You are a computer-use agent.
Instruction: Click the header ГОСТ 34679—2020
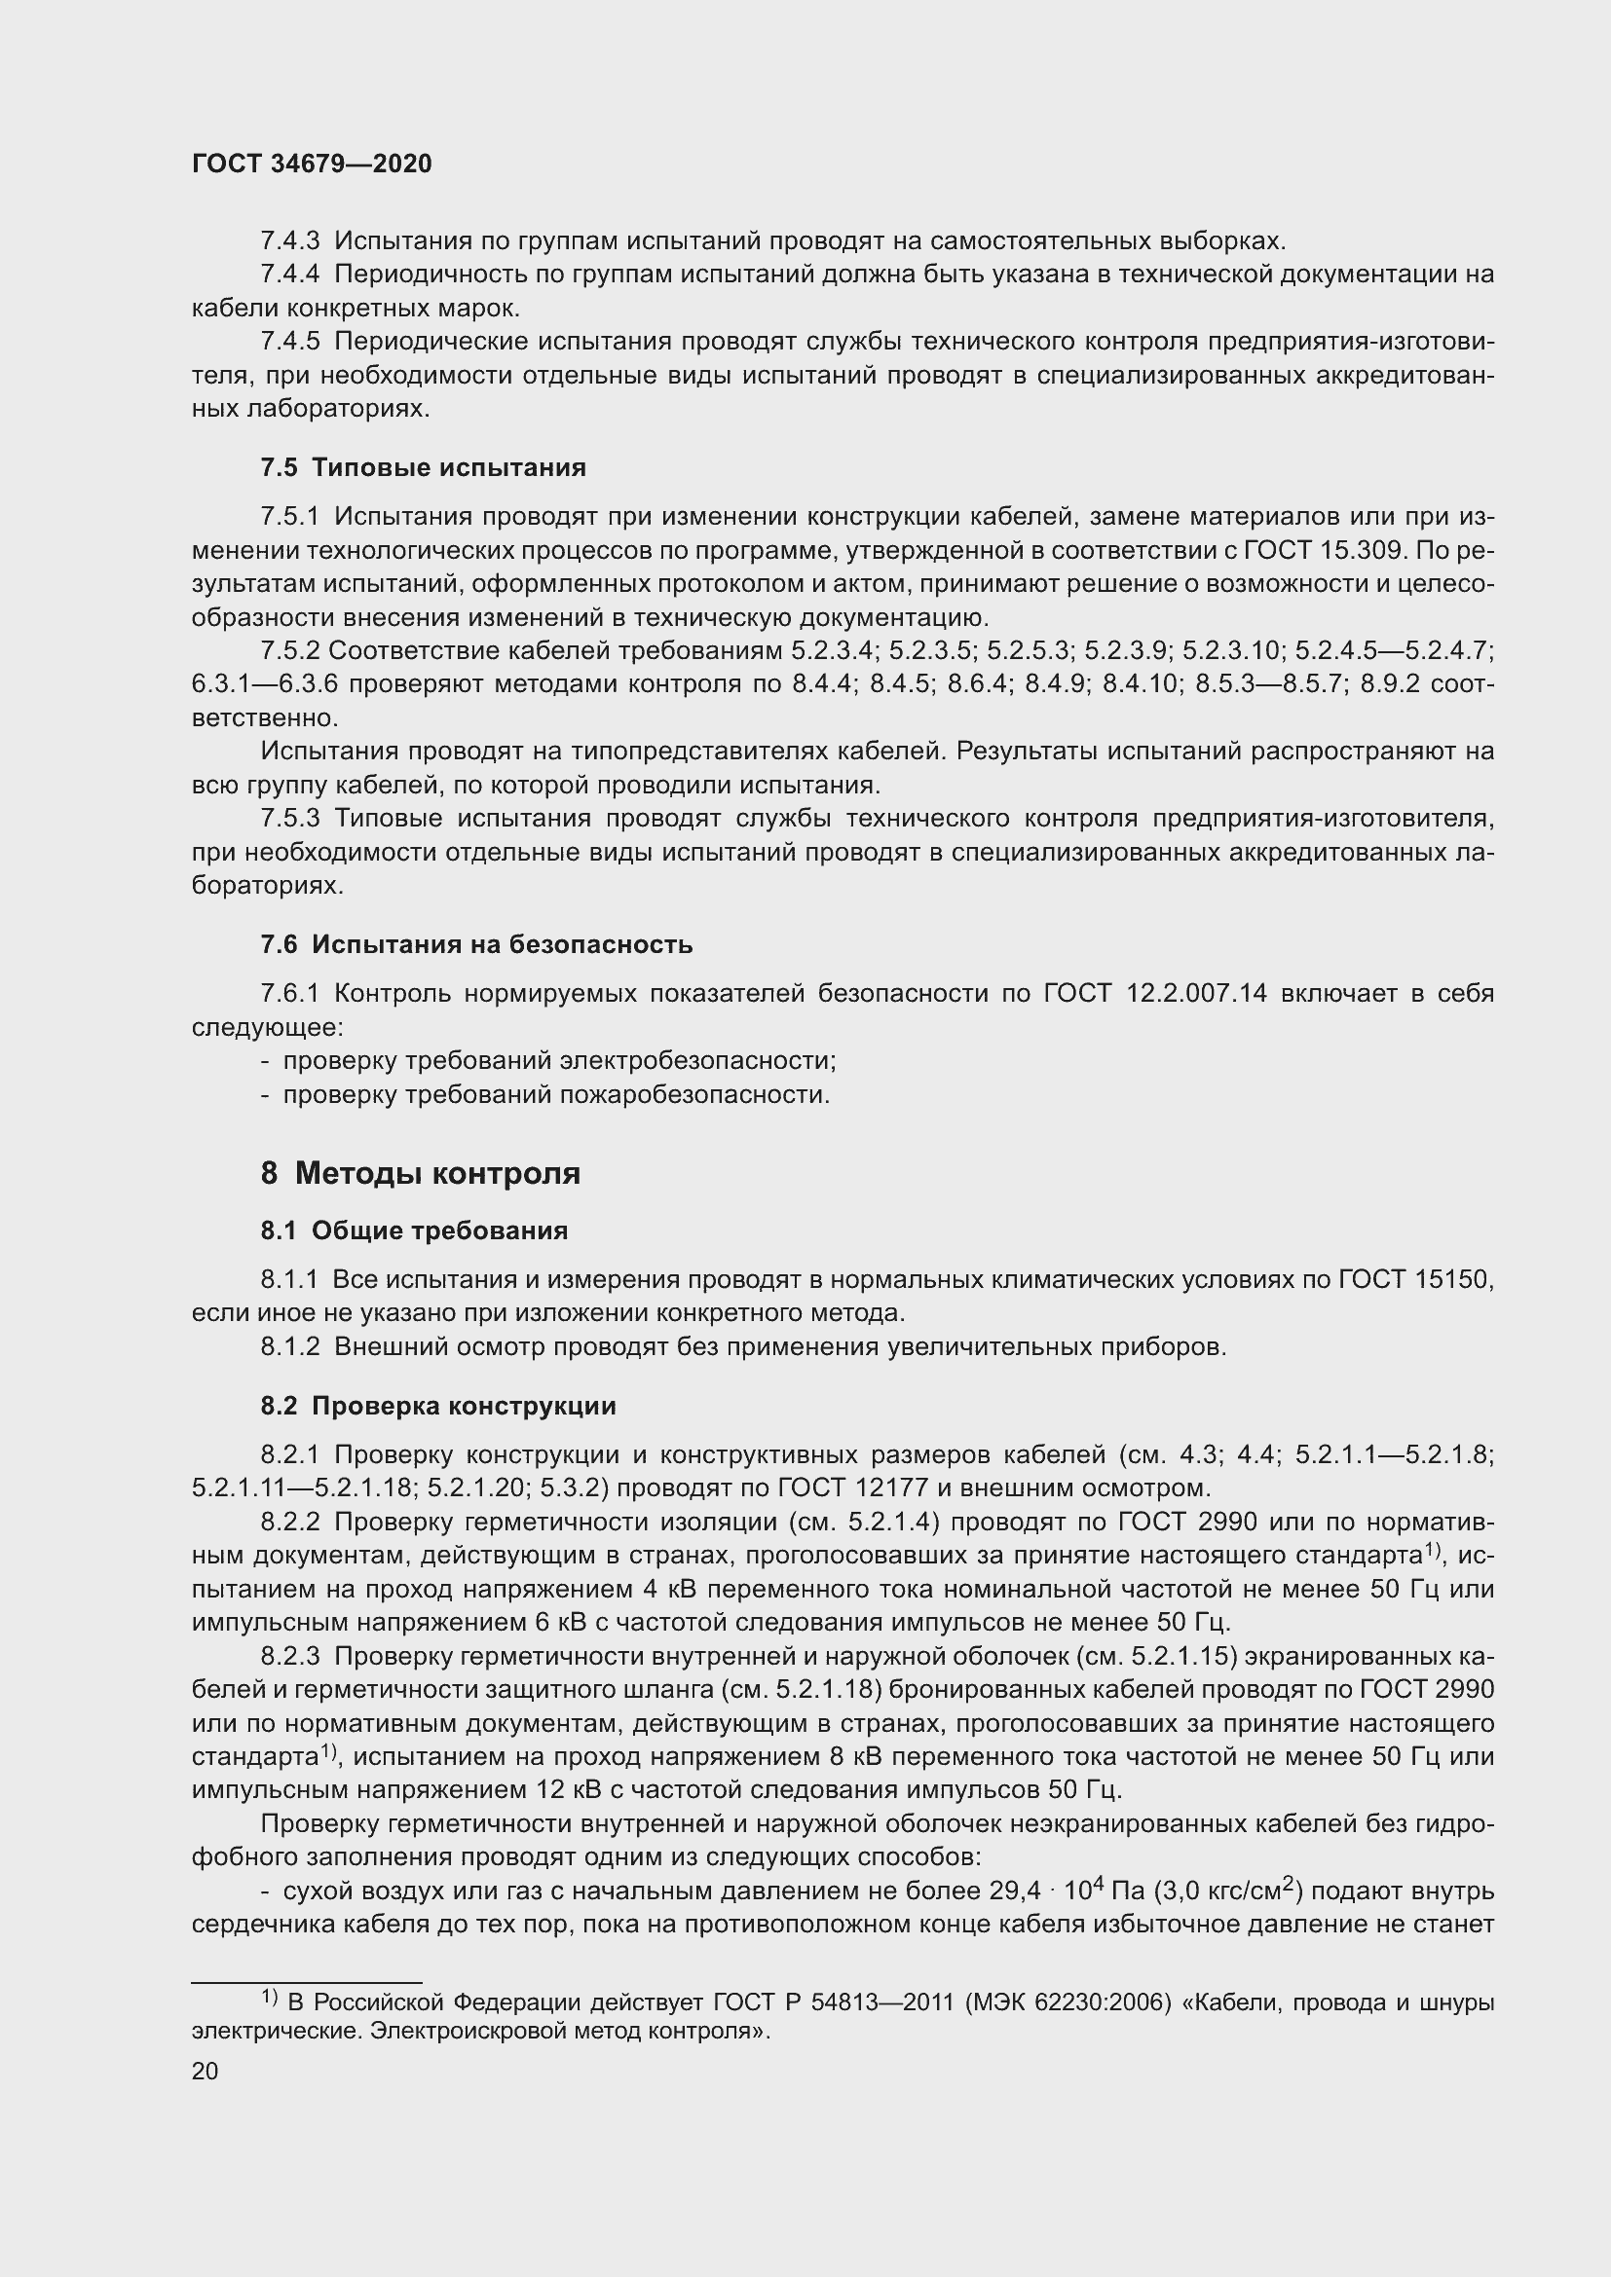tap(312, 165)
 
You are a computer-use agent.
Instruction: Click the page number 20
tap(205, 2071)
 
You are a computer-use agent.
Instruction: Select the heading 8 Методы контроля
tap(421, 1173)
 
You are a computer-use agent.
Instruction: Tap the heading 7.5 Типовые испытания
tap(424, 467)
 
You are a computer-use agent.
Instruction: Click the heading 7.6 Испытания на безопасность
tap(476, 944)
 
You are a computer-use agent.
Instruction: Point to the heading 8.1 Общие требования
tap(414, 1230)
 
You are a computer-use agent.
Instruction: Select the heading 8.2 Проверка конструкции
tap(438, 1406)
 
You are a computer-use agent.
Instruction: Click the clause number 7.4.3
tap(289, 241)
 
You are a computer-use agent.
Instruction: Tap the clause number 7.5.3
tap(289, 818)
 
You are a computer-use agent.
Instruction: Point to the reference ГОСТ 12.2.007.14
tap(1155, 993)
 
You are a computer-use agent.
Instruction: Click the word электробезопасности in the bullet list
tap(697, 1061)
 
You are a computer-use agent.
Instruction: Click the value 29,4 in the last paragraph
tap(1015, 1891)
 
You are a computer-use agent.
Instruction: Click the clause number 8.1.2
tap(289, 1346)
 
